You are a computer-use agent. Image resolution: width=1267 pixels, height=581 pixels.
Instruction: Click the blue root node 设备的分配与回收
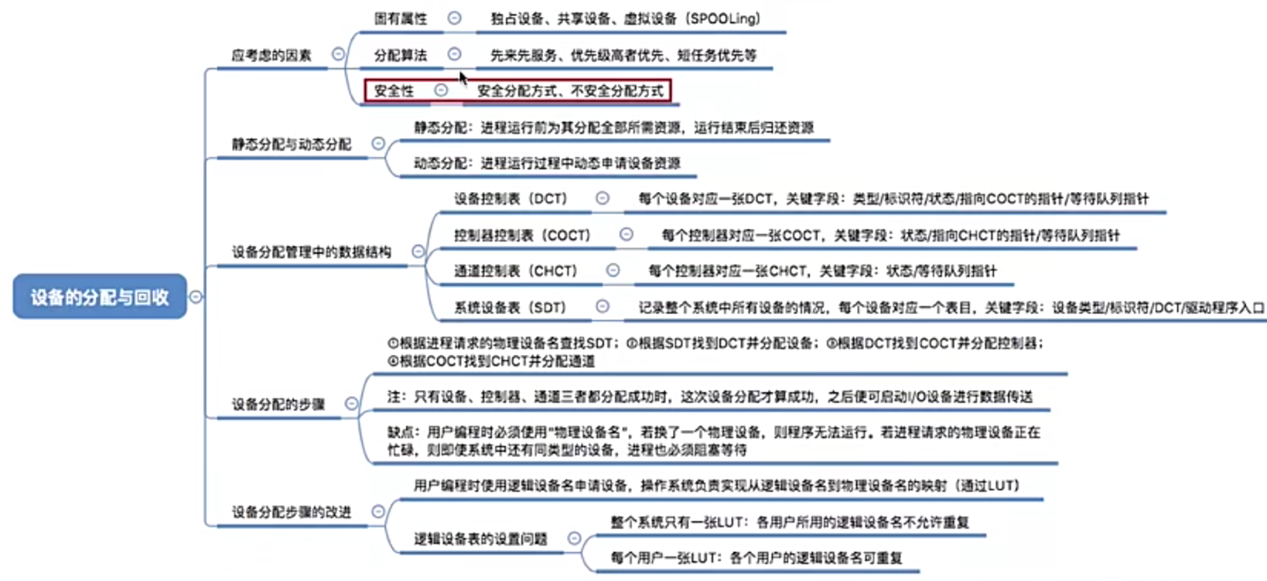point(100,297)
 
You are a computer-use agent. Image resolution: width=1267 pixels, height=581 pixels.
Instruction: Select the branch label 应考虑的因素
point(271,55)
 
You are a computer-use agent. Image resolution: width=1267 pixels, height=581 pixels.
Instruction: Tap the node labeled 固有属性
point(400,19)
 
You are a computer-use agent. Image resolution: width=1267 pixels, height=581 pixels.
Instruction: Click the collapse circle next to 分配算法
point(454,54)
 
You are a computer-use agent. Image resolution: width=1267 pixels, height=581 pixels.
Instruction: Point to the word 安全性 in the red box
point(394,91)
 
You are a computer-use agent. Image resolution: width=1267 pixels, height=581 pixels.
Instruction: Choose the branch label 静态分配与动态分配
point(291,145)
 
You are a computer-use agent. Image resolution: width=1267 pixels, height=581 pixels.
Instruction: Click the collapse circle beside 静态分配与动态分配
point(378,144)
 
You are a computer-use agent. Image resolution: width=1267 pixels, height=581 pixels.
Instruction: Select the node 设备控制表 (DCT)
point(512,199)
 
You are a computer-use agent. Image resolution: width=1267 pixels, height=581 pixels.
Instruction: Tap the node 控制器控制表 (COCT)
point(523,236)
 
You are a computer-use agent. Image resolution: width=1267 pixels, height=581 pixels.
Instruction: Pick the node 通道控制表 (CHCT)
point(516,271)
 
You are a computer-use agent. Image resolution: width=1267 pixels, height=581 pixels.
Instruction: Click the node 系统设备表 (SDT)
point(510,307)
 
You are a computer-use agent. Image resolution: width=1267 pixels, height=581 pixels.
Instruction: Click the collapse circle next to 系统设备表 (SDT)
point(602,307)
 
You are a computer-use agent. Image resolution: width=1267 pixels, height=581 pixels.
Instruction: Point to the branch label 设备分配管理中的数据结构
point(311,253)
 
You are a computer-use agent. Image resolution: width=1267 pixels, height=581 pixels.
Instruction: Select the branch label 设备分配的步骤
point(278,404)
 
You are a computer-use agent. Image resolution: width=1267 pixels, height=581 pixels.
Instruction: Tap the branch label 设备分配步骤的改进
point(291,512)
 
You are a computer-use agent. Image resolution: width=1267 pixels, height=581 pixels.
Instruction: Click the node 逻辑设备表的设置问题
point(480,539)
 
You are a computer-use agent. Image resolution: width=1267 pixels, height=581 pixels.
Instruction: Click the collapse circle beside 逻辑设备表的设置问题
point(574,539)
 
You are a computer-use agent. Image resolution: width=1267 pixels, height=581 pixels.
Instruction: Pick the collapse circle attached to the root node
point(196,297)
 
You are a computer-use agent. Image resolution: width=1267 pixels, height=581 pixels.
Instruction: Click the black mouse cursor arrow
point(463,78)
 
